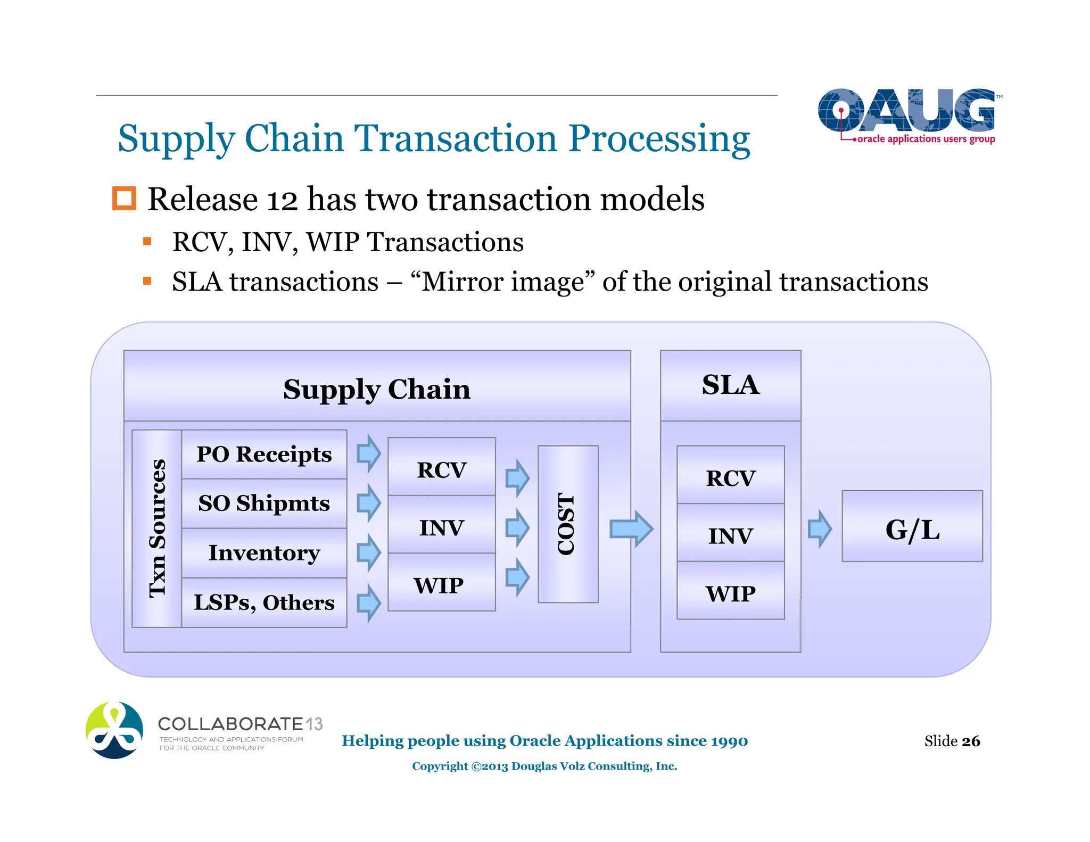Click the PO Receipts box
[x=264, y=455]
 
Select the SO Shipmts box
[x=264, y=503]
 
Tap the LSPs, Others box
[x=264, y=602]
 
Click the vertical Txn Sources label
[x=157, y=529]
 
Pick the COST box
[x=568, y=524]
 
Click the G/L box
[x=912, y=526]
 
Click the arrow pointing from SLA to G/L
[x=819, y=529]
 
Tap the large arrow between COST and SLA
[x=631, y=529]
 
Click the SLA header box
[x=730, y=385]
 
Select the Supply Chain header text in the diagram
[x=377, y=389]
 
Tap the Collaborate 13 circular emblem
[x=114, y=730]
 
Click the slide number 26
[x=970, y=741]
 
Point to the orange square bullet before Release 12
[x=125, y=199]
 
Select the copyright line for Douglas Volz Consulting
[x=544, y=766]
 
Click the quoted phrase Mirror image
[x=502, y=282]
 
